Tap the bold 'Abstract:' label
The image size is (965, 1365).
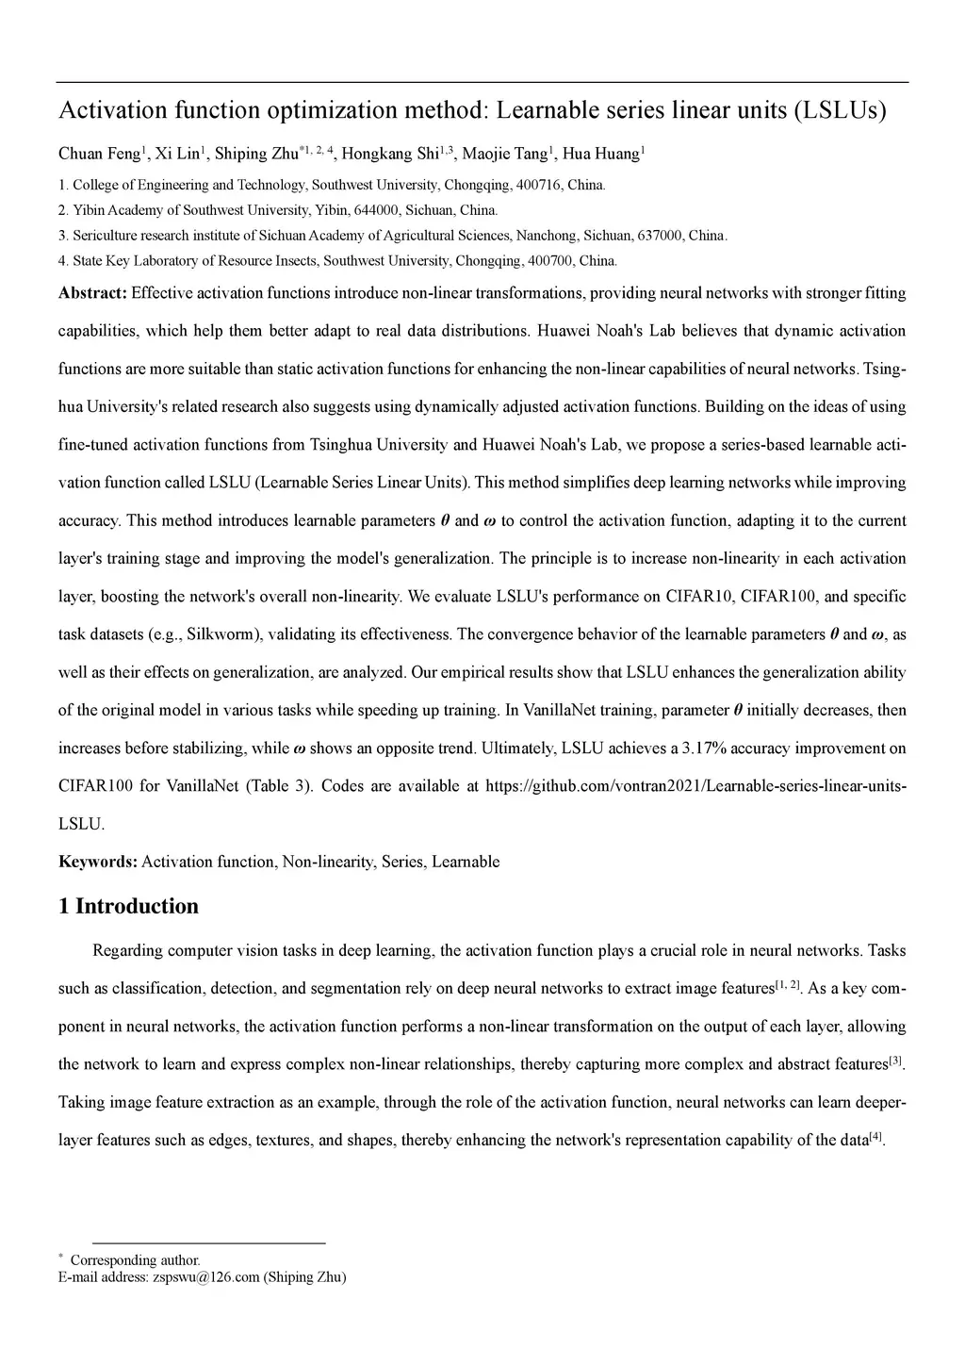tap(92, 293)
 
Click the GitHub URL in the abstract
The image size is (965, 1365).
tap(695, 786)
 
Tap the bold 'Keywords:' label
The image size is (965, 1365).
tap(98, 862)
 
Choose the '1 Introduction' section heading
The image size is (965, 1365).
tap(129, 907)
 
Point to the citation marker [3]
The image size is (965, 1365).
tap(896, 1061)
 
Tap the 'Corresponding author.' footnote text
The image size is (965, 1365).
tap(135, 1260)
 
